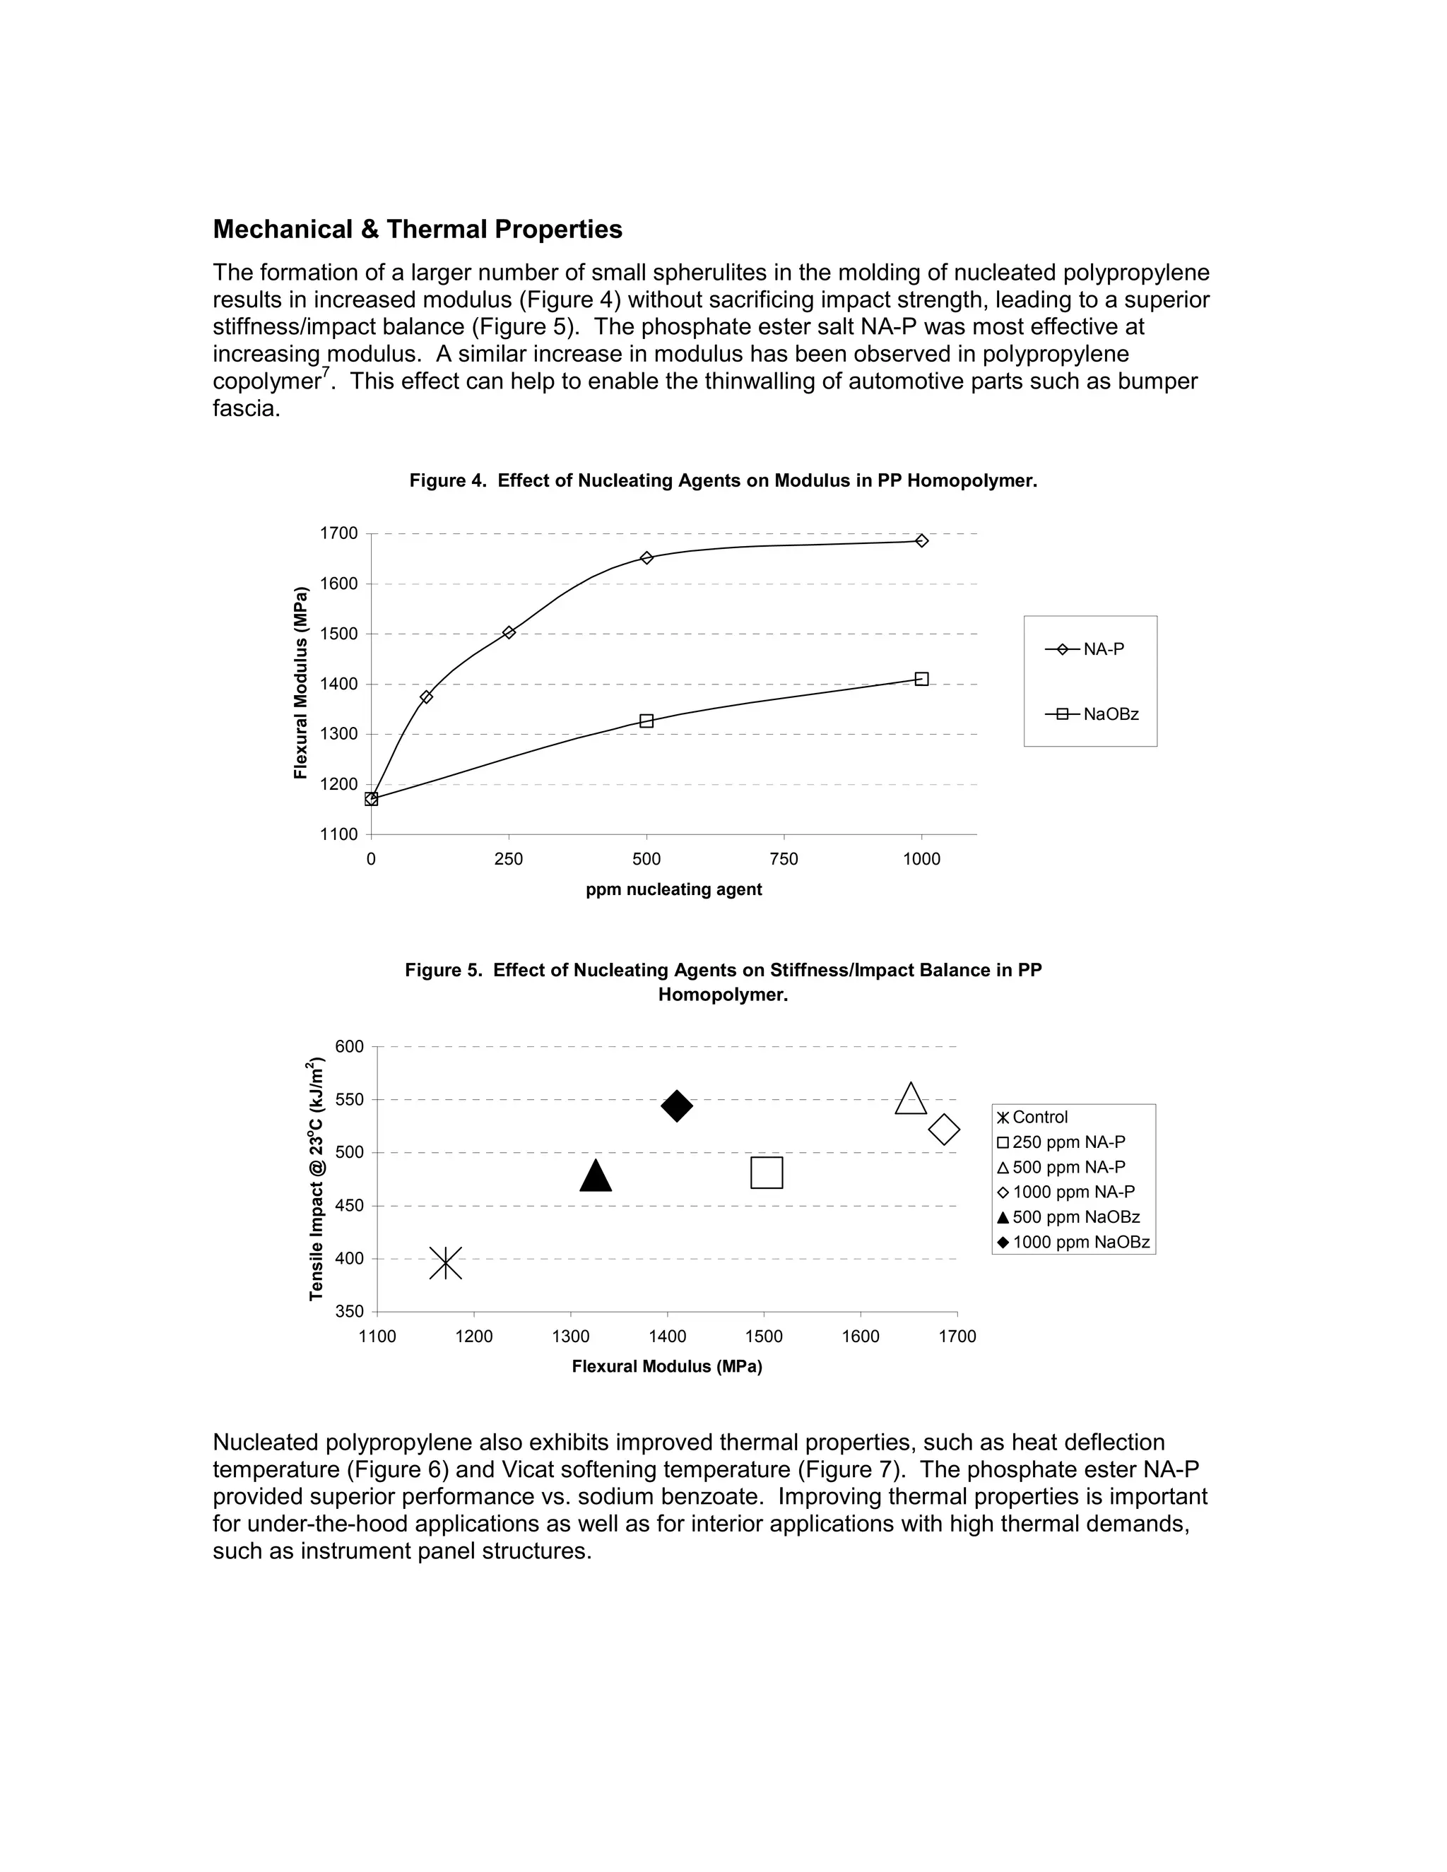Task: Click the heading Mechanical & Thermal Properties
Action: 417,229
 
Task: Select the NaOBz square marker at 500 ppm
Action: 646,721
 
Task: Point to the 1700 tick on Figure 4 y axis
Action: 338,533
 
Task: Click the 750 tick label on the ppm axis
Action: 784,859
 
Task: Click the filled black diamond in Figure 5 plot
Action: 676,1106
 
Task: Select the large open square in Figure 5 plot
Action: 767,1173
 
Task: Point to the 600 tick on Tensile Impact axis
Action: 350,1047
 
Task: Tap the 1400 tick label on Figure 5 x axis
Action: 667,1337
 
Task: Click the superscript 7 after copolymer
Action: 326,371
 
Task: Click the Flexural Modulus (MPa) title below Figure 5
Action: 666,1366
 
